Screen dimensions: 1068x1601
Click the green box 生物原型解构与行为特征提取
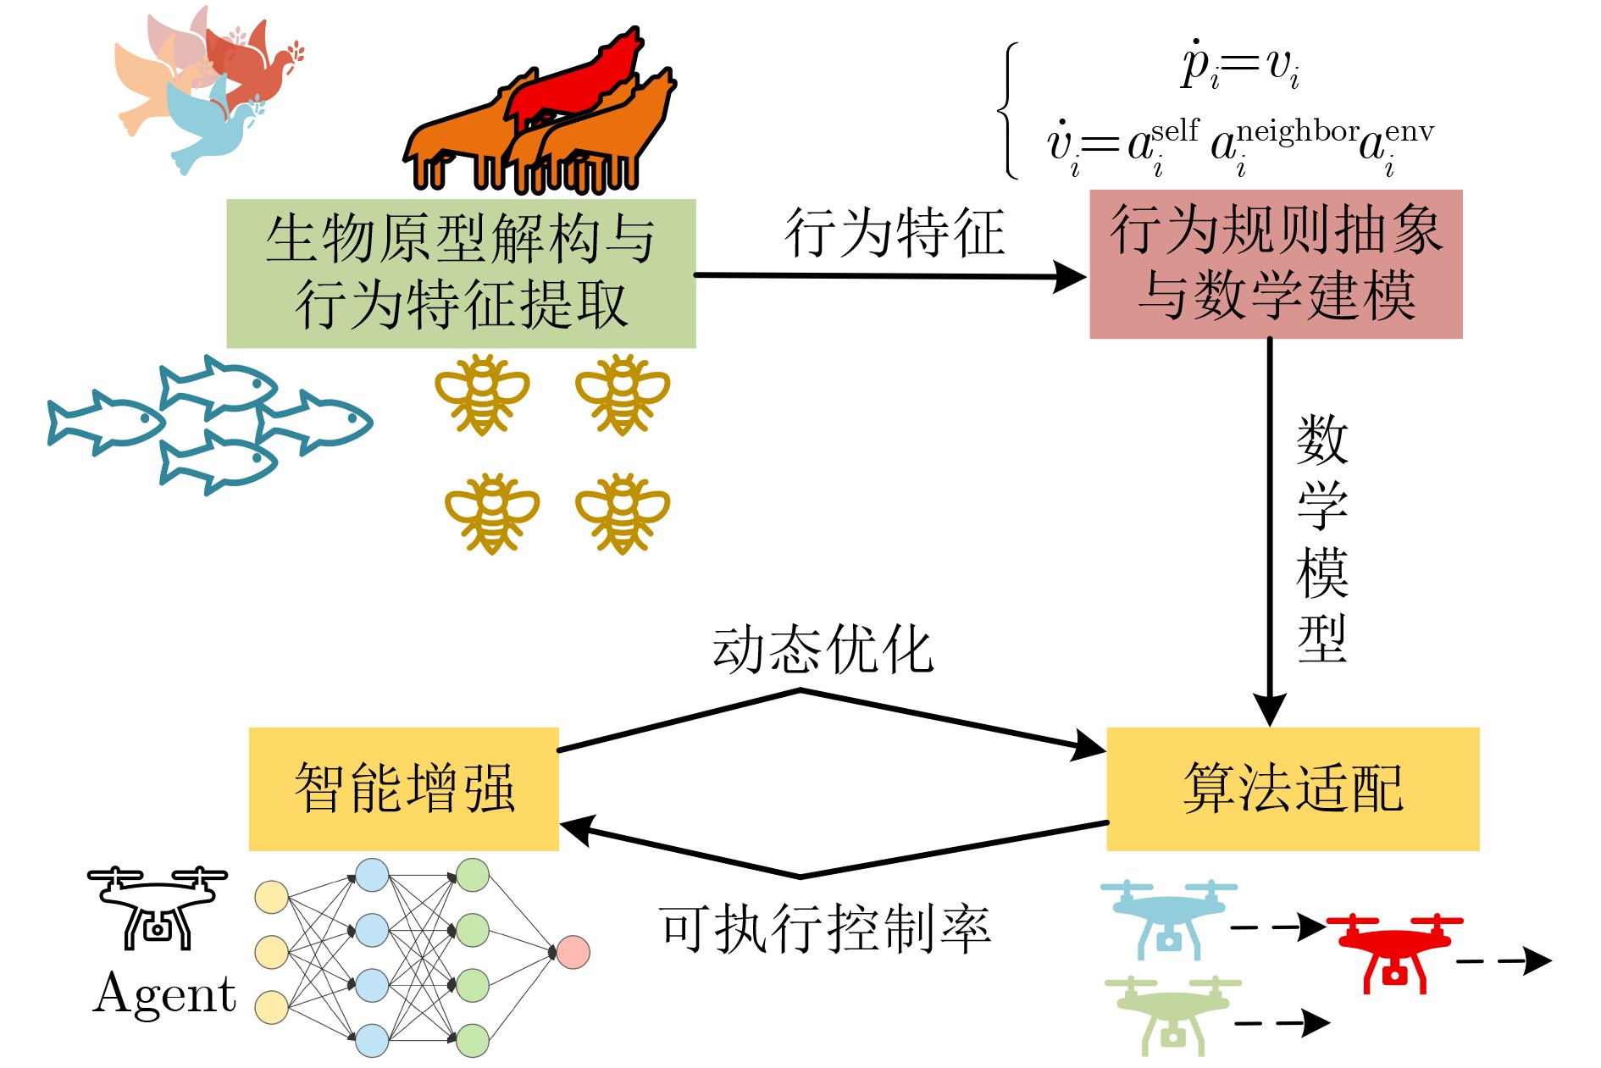click(x=461, y=273)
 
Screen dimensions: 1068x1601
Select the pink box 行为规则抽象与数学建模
click(x=1275, y=264)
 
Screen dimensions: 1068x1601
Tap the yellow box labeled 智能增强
click(x=404, y=789)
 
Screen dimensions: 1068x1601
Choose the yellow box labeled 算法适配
click(x=1293, y=789)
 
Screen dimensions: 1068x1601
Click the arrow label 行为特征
click(x=895, y=233)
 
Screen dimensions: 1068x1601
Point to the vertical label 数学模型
click(x=1321, y=539)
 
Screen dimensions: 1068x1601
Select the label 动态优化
click(x=823, y=650)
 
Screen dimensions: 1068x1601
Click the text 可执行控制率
click(x=824, y=929)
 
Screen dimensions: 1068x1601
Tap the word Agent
click(x=164, y=994)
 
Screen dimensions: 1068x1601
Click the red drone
click(x=1394, y=951)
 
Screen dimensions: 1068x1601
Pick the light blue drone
click(x=1168, y=918)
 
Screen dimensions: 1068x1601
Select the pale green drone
click(x=1172, y=1015)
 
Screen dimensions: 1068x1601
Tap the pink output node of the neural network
click(x=573, y=952)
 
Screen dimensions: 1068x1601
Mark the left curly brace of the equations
click(x=1008, y=110)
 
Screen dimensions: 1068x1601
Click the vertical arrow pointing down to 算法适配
click(x=1270, y=525)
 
